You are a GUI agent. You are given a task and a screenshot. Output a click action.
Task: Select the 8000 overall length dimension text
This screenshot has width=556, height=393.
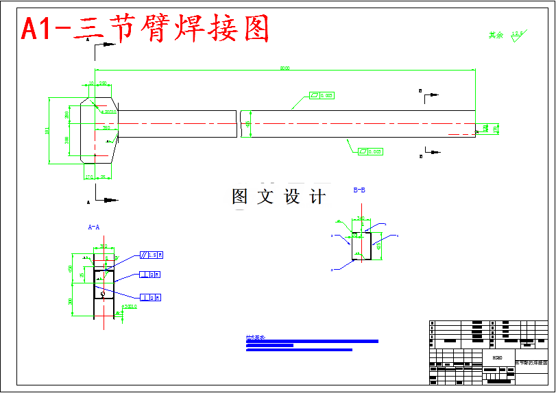tap(285, 68)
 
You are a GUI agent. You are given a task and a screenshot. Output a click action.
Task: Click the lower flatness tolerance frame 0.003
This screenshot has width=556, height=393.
tap(371, 151)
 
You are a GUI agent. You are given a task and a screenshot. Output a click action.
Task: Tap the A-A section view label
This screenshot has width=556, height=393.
tap(94, 226)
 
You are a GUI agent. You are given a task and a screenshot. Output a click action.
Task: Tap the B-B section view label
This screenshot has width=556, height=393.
tap(359, 190)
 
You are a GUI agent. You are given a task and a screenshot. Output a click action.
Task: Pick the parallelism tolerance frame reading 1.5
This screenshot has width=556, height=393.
tap(152, 255)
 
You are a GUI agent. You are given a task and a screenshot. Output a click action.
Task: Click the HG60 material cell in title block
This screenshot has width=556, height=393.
tap(498, 357)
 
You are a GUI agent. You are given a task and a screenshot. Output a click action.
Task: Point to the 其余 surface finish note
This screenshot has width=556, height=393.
tap(496, 35)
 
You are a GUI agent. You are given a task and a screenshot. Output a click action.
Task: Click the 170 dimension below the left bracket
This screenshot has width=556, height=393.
tap(88, 177)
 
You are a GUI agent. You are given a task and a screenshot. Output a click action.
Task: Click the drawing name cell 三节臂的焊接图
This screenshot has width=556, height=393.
tap(532, 362)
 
